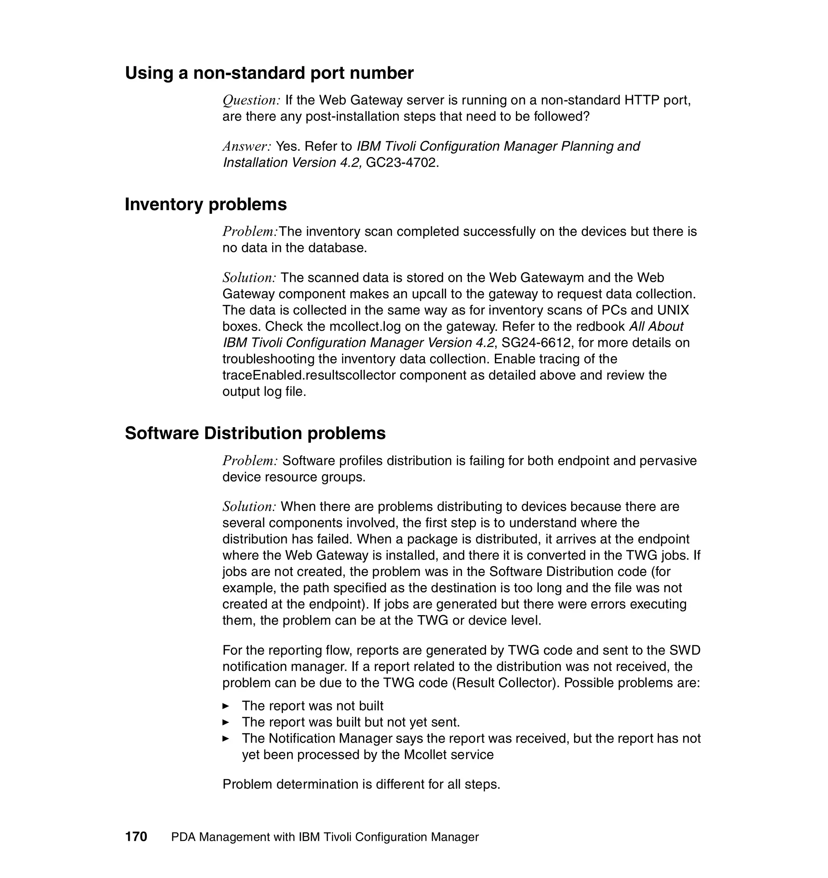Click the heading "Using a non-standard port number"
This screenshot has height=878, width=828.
pos(269,73)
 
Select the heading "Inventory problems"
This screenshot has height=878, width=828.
pos(206,205)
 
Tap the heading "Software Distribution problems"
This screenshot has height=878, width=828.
pos(255,433)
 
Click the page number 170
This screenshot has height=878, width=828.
pos(136,836)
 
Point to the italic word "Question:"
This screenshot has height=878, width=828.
pos(251,100)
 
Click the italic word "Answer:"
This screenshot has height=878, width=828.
pos(246,146)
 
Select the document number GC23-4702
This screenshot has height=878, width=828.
pos(402,163)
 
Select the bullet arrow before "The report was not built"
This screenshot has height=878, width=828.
pos(226,706)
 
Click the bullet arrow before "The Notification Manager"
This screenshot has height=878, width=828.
pos(226,739)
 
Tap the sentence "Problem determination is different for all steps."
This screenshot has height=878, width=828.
pos(361,784)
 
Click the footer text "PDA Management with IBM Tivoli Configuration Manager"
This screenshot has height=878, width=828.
pos(325,837)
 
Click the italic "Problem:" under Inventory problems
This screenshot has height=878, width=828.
pos(250,231)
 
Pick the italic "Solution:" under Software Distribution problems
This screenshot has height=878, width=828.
pos(249,507)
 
